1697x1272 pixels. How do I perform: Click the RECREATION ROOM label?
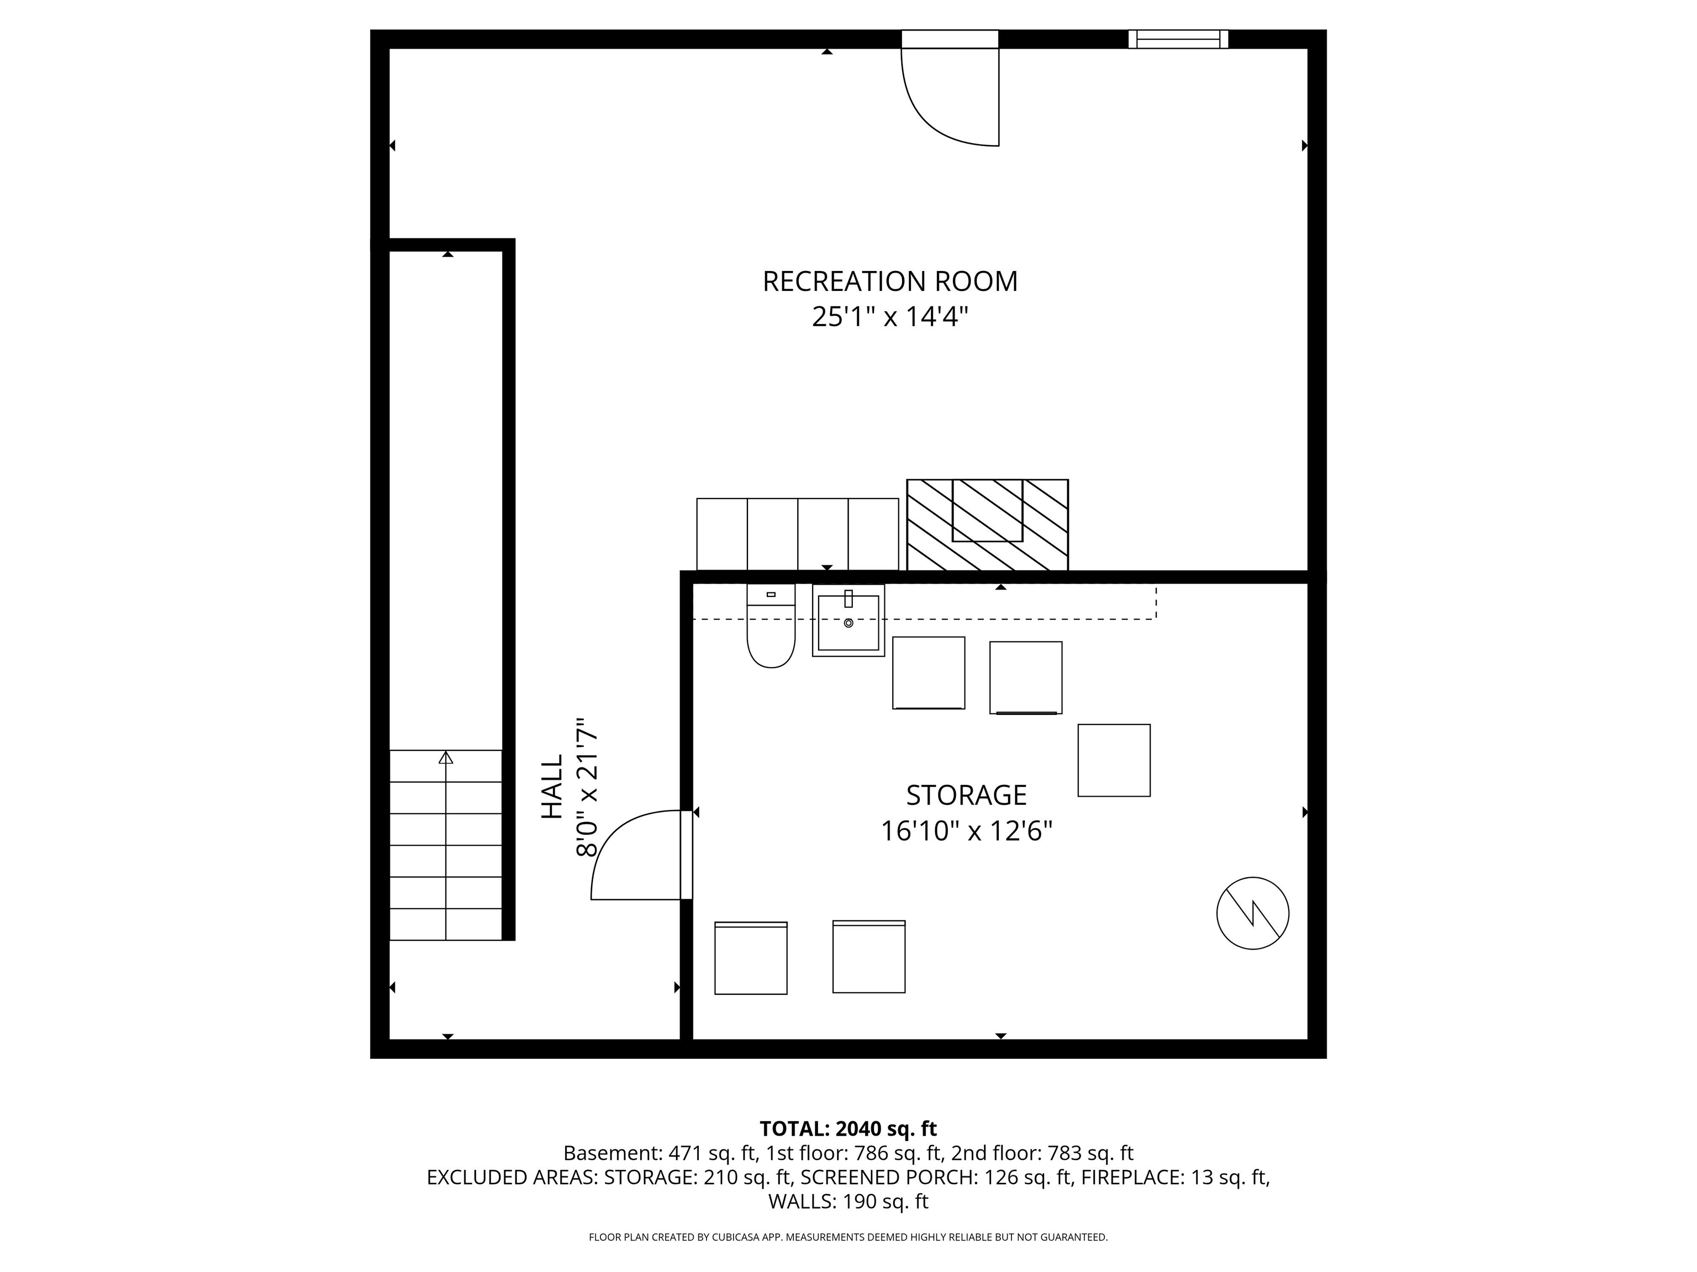coord(889,282)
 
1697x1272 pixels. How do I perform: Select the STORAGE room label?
coord(966,795)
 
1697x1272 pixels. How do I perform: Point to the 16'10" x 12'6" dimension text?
coord(966,831)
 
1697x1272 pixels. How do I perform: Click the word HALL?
coord(552,787)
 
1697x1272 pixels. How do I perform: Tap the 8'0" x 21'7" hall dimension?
coord(587,787)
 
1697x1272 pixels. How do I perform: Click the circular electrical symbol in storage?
coord(1252,913)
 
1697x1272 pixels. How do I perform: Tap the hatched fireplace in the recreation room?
coord(987,525)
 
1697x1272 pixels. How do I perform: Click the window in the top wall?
coord(1178,39)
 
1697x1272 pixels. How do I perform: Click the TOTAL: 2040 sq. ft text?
coord(848,1128)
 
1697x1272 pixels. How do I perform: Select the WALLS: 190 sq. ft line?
coord(848,1201)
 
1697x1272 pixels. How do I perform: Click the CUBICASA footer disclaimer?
coord(848,1237)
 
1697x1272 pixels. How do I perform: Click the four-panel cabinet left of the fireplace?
coord(797,534)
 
